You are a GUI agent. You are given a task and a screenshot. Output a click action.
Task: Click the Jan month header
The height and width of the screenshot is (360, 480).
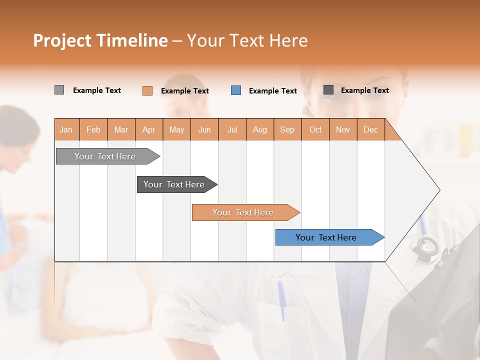coord(66,130)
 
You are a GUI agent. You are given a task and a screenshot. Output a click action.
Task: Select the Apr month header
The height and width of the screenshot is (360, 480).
coord(148,130)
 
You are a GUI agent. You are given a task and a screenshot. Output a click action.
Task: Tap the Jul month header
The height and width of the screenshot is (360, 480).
coord(232,130)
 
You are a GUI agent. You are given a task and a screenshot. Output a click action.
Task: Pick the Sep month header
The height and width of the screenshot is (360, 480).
coord(287,130)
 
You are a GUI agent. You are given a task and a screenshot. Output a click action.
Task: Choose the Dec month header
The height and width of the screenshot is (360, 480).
coord(370,130)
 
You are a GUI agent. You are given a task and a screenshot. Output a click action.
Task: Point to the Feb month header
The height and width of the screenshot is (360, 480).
coord(93,130)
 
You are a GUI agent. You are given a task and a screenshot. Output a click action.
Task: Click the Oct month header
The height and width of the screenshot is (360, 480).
coord(315,130)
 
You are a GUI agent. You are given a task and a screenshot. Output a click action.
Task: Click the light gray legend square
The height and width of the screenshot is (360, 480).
coord(59,90)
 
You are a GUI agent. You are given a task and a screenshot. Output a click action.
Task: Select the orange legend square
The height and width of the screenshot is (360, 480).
coord(147,90)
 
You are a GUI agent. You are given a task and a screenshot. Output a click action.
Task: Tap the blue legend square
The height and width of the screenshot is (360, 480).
coord(236,90)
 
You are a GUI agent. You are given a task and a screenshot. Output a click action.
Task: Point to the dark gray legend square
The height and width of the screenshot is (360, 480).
coord(328,90)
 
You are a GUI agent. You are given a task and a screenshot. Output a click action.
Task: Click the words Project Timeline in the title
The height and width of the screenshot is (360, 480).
coord(100,40)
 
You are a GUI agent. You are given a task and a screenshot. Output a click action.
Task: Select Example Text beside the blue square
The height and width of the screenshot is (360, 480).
coord(273,91)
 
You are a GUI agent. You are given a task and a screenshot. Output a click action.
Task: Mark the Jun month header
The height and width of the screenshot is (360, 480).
coord(204,130)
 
